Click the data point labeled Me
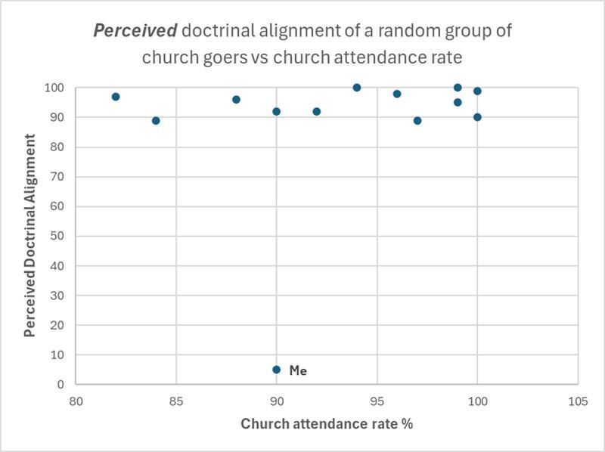tap(277, 370)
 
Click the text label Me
tap(298, 370)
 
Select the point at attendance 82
tap(116, 97)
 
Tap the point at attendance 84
tap(156, 120)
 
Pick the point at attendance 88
tap(236, 100)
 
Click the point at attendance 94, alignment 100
tap(357, 88)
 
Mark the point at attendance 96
tap(397, 94)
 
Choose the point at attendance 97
tap(417, 120)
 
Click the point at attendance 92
tap(317, 111)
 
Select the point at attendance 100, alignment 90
tap(477, 117)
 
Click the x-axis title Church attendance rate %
tap(327, 423)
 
